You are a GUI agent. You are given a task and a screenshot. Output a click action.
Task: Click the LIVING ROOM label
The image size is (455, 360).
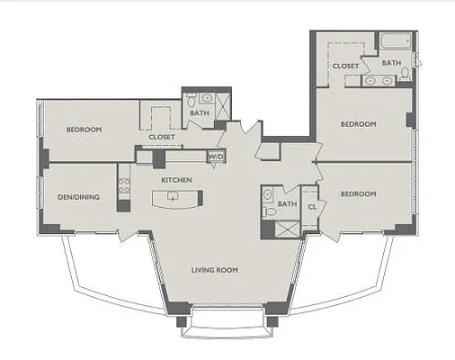(215, 269)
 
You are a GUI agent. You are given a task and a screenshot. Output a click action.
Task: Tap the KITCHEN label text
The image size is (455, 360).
(176, 180)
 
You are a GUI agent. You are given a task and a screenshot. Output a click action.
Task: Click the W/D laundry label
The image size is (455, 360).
(216, 157)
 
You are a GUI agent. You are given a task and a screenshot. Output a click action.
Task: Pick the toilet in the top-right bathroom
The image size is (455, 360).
(406, 74)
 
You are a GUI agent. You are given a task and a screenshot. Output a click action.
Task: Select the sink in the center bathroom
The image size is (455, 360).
(268, 193)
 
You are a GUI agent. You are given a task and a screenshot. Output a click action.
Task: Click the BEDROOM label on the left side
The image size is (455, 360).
(84, 130)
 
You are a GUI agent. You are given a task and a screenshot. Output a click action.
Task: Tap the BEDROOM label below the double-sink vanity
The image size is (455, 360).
(358, 124)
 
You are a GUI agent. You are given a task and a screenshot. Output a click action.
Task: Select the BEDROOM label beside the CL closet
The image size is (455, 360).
(358, 194)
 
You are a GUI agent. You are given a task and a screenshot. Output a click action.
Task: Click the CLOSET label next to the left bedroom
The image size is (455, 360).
(162, 138)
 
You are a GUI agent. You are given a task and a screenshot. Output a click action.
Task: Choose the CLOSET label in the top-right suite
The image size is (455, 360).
(346, 66)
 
